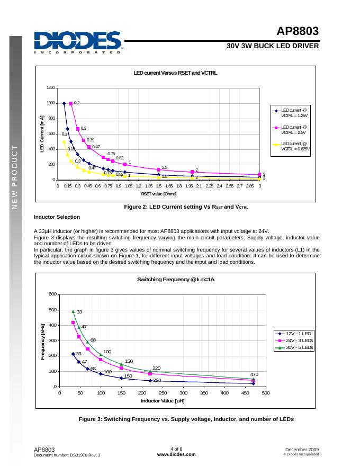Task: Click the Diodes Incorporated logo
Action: (x=77, y=42)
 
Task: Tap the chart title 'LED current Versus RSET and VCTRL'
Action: (x=175, y=73)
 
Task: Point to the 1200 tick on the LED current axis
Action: (x=50, y=88)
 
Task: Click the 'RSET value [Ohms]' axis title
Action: (x=158, y=194)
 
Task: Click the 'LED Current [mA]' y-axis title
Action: (x=42, y=134)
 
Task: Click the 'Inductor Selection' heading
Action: (x=57, y=217)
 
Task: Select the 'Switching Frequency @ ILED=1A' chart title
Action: (x=176, y=279)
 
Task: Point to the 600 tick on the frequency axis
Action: (x=52, y=294)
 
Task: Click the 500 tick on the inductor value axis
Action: (x=266, y=393)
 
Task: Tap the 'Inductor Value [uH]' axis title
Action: (x=163, y=401)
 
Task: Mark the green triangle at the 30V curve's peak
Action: (x=73, y=311)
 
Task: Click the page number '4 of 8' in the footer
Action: (x=176, y=449)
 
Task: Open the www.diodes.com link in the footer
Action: (x=176, y=454)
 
